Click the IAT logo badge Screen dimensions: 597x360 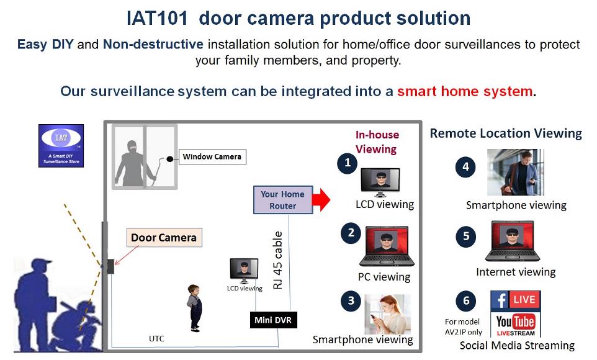(61, 145)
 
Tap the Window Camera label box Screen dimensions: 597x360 (212, 156)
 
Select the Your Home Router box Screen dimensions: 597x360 (283, 200)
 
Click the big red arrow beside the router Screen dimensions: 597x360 (321, 200)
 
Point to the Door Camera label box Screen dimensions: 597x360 (164, 237)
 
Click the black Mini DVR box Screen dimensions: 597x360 (273, 320)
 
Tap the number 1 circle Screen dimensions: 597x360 (348, 163)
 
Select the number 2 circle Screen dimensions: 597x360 (351, 233)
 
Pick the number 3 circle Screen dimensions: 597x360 (351, 301)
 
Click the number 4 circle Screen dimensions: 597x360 (465, 167)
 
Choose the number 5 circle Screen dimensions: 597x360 (466, 236)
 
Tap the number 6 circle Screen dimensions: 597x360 (466, 301)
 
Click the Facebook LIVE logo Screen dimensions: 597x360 (516, 300)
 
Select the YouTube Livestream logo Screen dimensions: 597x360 (516, 324)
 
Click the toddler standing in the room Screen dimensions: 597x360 (195, 308)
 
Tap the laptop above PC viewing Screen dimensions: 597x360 (387, 246)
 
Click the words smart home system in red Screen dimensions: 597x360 (465, 91)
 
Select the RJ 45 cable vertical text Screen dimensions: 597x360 (278, 260)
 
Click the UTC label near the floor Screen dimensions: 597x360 (156, 338)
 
